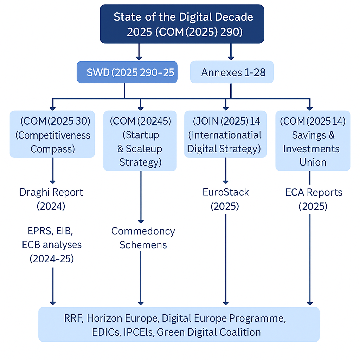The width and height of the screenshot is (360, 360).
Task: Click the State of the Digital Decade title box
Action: (182, 24)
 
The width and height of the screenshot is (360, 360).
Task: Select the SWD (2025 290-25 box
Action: (127, 73)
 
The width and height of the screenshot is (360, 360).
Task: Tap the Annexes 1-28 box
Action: (232, 73)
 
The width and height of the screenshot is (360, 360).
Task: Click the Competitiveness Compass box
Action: (52, 135)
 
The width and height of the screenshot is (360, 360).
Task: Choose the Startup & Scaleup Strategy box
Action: (140, 141)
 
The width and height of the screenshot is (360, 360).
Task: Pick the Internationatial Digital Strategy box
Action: (225, 135)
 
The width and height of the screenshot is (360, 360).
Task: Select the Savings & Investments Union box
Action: (313, 141)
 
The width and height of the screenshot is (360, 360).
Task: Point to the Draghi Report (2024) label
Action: (51, 199)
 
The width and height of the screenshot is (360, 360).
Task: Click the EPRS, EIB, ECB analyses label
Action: (52, 245)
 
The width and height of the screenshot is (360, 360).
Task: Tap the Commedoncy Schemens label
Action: (143, 238)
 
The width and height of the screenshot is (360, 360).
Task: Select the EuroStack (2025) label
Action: (225, 199)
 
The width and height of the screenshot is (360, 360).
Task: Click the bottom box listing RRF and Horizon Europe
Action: (179, 325)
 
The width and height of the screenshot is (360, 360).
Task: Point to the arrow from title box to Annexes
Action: (231, 51)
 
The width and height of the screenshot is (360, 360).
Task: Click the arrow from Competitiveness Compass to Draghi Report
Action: (53, 170)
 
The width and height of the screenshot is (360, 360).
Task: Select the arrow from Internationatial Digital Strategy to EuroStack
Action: (225, 170)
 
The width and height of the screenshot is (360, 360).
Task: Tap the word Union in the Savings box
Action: (313, 162)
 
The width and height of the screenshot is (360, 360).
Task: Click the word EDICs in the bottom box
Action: (81, 332)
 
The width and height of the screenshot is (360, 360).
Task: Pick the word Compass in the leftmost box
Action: (52, 149)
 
